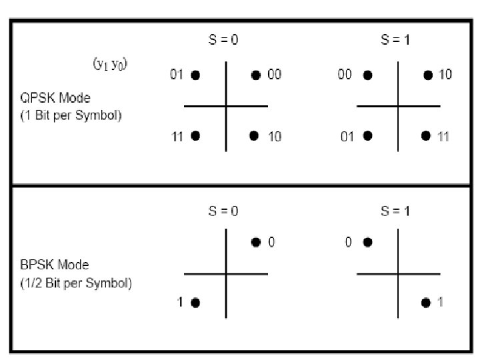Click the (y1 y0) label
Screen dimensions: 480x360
(x=110, y=64)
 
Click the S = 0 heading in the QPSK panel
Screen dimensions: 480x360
(x=223, y=40)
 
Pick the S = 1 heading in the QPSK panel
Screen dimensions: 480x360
(x=395, y=40)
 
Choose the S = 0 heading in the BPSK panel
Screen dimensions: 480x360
(x=223, y=211)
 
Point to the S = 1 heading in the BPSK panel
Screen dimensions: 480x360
(x=395, y=211)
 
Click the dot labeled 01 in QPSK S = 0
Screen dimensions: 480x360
(x=195, y=75)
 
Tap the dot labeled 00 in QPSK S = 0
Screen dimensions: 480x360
(x=255, y=75)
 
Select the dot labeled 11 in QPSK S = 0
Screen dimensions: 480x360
(x=195, y=136)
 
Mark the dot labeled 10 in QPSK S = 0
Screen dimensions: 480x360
(x=254, y=136)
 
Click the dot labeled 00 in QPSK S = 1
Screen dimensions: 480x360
(x=367, y=75)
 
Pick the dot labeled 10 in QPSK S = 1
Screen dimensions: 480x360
(x=428, y=75)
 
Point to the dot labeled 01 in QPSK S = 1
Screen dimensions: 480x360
(x=367, y=136)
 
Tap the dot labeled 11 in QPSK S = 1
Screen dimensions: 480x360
(x=426, y=136)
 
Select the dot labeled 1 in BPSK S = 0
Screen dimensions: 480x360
(x=195, y=303)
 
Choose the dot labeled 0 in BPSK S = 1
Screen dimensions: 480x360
(x=367, y=243)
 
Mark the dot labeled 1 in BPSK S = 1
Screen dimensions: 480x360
(x=426, y=303)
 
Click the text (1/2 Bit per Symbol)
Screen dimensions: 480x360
(x=75, y=283)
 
